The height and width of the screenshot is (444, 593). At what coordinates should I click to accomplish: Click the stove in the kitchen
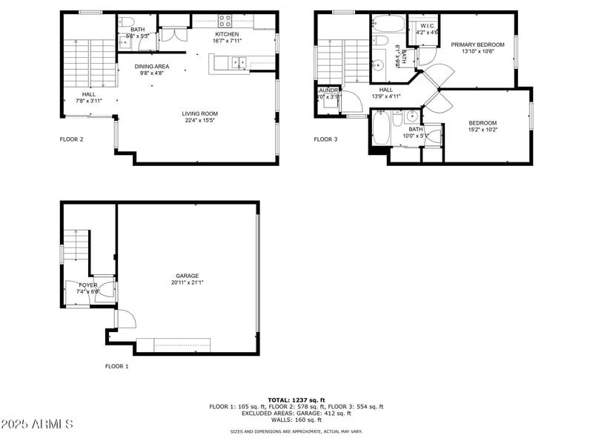click(x=224, y=21)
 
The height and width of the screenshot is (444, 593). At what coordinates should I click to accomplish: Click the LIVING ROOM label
click(x=200, y=113)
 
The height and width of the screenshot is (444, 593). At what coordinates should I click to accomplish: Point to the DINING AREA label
click(x=152, y=66)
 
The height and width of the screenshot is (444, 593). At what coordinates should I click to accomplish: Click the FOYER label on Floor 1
click(x=88, y=285)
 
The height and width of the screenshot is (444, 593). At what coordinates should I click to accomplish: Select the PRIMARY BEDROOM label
click(x=477, y=44)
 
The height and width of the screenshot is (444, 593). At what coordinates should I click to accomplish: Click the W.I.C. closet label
click(x=428, y=25)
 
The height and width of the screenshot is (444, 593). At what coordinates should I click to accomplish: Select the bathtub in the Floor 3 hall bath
click(x=380, y=127)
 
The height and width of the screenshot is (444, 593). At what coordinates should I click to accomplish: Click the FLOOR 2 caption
click(x=71, y=139)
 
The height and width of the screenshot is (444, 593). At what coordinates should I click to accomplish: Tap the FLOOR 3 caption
click(x=325, y=139)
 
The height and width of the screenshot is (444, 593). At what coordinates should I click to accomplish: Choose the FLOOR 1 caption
click(x=116, y=366)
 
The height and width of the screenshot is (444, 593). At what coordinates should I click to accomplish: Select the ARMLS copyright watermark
click(x=37, y=424)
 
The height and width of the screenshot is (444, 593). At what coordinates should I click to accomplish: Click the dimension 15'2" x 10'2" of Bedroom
click(x=483, y=130)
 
